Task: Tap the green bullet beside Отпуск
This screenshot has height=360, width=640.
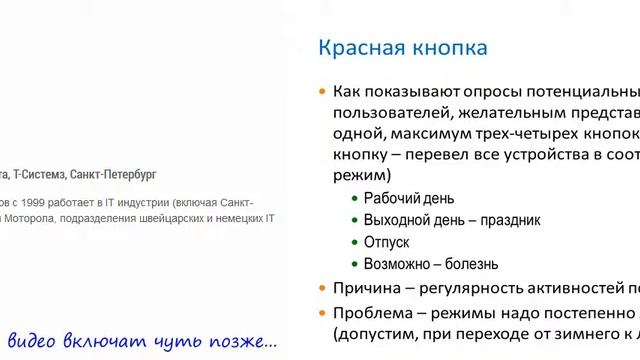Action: [x=354, y=242]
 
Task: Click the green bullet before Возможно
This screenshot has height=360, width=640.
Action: [x=354, y=264]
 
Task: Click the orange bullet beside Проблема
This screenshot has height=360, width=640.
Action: [x=322, y=312]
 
